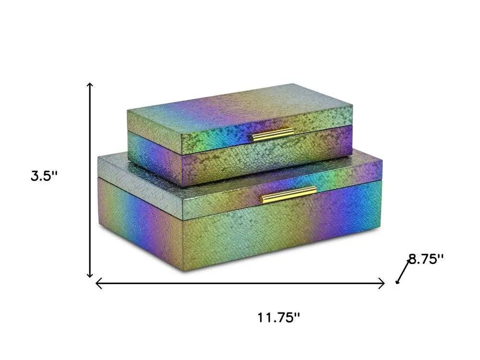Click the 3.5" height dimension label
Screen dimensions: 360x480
point(44,176)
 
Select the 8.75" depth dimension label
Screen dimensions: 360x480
point(425,260)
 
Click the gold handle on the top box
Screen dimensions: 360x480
point(273,135)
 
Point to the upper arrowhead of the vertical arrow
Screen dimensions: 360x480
point(90,85)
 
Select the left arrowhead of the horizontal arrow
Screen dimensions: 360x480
point(99,283)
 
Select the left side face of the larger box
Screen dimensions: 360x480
point(139,221)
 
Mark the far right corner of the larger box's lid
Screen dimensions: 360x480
point(382,161)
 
